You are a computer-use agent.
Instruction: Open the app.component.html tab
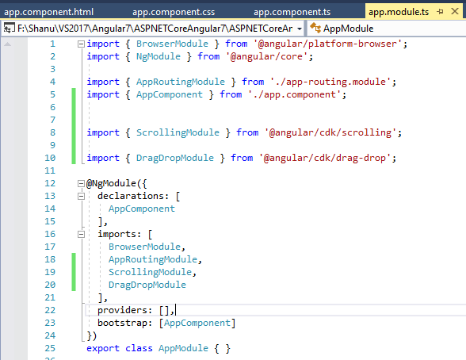click(x=49, y=12)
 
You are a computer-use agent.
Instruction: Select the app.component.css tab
click(x=174, y=12)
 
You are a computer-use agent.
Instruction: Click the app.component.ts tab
click(x=292, y=12)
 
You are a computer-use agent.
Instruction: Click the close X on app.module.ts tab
click(x=455, y=11)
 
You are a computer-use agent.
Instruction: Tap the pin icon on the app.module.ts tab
click(x=440, y=12)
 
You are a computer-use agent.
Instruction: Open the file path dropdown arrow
click(x=300, y=29)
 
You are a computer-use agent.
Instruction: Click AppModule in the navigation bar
click(x=349, y=29)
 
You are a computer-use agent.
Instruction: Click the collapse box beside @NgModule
click(x=81, y=183)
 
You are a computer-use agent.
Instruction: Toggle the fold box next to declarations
click(x=81, y=196)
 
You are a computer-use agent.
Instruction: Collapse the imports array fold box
click(x=81, y=234)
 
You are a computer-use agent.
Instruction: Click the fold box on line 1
click(x=81, y=44)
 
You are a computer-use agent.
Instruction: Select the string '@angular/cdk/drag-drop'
click(x=325, y=158)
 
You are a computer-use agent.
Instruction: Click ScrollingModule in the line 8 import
click(x=178, y=132)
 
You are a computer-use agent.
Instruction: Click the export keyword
click(x=103, y=348)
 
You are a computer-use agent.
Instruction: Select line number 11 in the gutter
click(x=50, y=170)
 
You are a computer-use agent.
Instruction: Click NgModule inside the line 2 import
click(x=159, y=56)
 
